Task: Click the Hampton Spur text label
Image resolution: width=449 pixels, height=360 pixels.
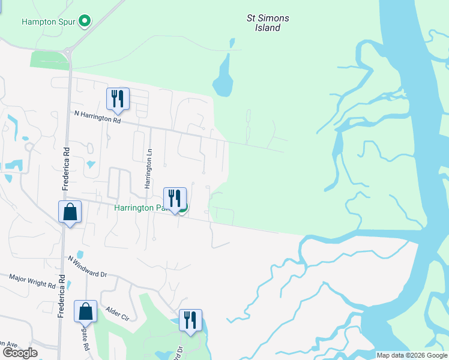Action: click(x=48, y=22)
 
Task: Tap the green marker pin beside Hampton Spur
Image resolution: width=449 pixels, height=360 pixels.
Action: click(x=85, y=22)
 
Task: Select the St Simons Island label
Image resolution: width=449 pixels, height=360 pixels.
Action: click(x=268, y=23)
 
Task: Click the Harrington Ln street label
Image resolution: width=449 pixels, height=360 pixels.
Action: click(x=148, y=169)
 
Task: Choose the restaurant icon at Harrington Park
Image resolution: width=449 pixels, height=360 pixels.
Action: click(x=175, y=199)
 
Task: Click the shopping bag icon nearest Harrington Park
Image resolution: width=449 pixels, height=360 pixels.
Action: click(x=70, y=213)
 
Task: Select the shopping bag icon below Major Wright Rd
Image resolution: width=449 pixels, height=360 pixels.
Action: click(x=85, y=312)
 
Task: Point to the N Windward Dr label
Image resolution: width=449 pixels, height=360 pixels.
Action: click(x=87, y=266)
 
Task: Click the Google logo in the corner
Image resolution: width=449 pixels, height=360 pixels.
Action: click(x=20, y=353)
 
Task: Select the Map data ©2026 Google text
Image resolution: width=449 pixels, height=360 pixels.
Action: click(x=411, y=355)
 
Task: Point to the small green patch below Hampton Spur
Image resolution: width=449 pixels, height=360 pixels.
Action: click(x=49, y=60)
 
